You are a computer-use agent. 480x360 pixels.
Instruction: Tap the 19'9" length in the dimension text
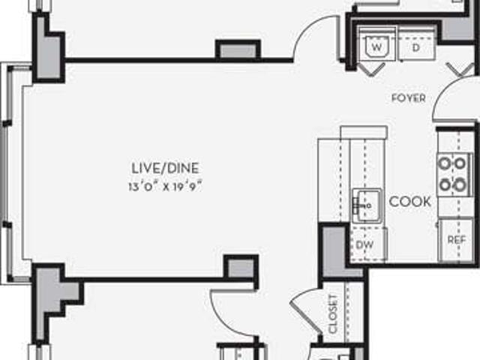187,187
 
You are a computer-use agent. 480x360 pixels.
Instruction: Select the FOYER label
409,98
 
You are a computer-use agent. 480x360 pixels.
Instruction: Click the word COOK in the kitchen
410,201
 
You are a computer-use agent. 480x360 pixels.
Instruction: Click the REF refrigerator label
457,240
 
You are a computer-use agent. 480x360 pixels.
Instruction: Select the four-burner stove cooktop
452,173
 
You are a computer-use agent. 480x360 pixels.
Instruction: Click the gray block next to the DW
331,251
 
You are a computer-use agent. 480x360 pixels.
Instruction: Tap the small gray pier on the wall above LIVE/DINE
238,49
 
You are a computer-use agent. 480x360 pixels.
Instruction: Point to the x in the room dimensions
164,187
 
